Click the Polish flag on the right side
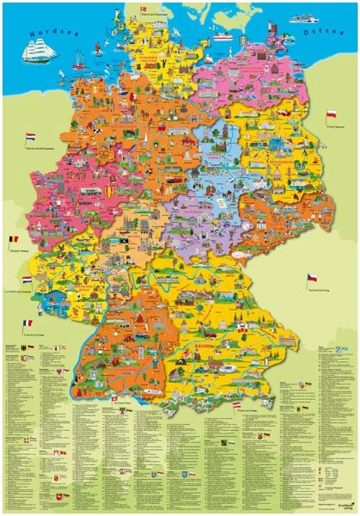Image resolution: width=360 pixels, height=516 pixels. click(x=330, y=114)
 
